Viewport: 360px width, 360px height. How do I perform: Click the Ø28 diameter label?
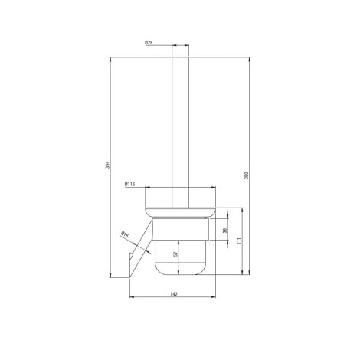click(149, 43)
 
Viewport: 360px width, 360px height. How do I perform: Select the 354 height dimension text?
click(107, 165)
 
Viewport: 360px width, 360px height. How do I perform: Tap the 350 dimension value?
click(247, 175)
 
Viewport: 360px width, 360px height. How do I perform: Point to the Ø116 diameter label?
click(129, 184)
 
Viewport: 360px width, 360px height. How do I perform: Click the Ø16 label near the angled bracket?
click(125, 234)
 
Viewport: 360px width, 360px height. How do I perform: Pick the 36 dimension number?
click(224, 231)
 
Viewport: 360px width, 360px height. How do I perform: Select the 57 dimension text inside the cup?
click(175, 254)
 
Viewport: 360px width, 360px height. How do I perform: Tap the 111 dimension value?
click(239, 241)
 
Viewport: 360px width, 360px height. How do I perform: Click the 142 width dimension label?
click(173, 294)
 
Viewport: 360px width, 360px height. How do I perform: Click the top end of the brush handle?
click(180, 57)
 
